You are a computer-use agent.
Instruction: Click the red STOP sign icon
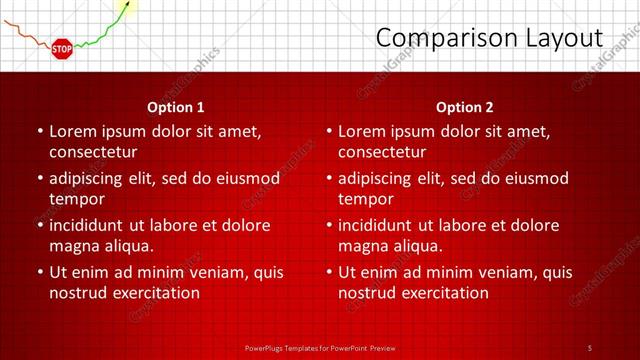[62, 48]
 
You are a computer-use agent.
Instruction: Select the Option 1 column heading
[176, 106]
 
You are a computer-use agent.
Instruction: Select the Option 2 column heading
[465, 106]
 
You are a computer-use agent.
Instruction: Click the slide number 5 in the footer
[589, 347]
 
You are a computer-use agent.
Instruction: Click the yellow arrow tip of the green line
[125, 8]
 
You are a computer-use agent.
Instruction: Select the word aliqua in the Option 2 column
[416, 247]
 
